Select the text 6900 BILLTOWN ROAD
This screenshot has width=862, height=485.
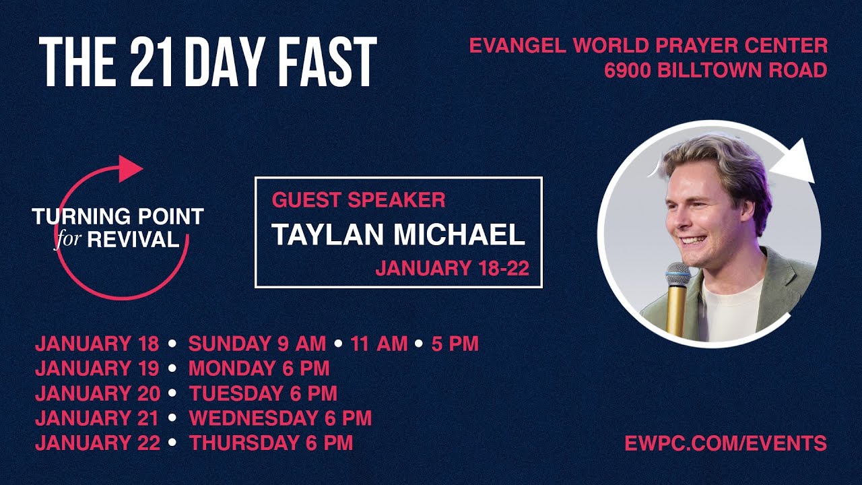click(716, 70)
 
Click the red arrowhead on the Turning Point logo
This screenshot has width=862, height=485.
click(130, 168)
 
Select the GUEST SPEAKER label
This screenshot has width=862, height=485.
click(358, 199)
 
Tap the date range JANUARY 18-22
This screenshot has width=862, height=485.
click(452, 269)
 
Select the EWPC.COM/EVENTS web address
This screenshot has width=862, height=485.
click(725, 443)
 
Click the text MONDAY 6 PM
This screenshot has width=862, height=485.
click(259, 368)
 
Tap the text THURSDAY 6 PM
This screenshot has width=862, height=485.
click(271, 443)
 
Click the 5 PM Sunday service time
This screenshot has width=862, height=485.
click(455, 344)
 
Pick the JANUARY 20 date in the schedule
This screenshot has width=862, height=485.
click(97, 393)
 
